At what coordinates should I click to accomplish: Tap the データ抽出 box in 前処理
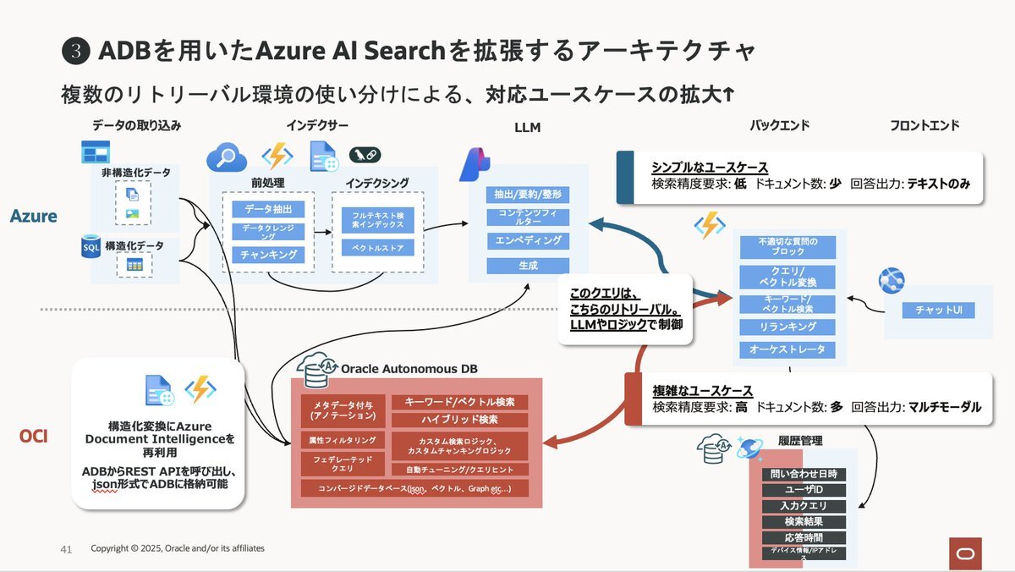(x=268, y=209)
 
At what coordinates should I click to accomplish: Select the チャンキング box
(x=268, y=255)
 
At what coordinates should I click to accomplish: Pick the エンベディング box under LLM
(x=528, y=241)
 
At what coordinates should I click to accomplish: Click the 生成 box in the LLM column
(x=528, y=266)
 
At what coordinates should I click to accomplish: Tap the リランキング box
(x=787, y=327)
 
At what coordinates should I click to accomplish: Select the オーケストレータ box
(x=787, y=349)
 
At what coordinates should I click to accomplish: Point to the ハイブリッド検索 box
(x=459, y=420)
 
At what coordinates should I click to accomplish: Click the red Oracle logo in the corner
(x=963, y=552)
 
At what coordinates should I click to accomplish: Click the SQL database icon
(x=91, y=247)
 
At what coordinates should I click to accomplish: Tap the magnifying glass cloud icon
(x=227, y=157)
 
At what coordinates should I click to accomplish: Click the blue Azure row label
(x=34, y=217)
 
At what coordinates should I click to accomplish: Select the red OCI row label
(x=33, y=437)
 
